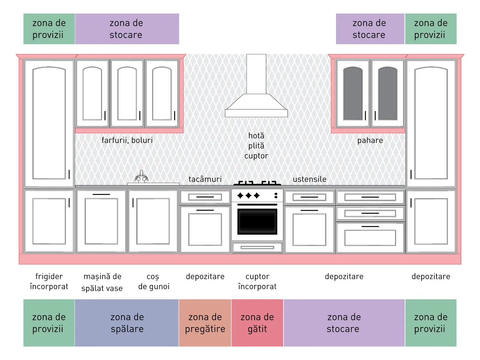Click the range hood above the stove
pyautogui.click(x=256, y=103)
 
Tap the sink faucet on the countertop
pyautogui.click(x=141, y=177)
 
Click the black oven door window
pyautogui.click(x=257, y=221)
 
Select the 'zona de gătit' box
pyautogui.click(x=257, y=322)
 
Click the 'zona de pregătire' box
pyautogui.click(x=205, y=322)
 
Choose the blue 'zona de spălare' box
pyautogui.click(x=127, y=322)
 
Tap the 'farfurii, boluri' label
pyautogui.click(x=127, y=140)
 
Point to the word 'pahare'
pyautogui.click(x=370, y=141)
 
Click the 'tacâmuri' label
pyautogui.click(x=205, y=179)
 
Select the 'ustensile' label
pyautogui.click(x=309, y=179)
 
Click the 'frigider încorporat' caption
pyautogui.click(x=49, y=282)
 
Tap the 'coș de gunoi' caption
pyautogui.click(x=154, y=282)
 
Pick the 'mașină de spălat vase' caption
pyautogui.click(x=102, y=282)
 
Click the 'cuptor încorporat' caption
pyautogui.click(x=257, y=282)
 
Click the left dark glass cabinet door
pyautogui.click(x=353, y=93)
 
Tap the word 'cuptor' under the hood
pyautogui.click(x=256, y=156)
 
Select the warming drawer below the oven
pyautogui.click(x=257, y=247)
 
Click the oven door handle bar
pyautogui.click(x=257, y=205)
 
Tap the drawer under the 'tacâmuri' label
pyautogui.click(x=205, y=197)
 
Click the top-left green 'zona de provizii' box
pyautogui.click(x=49, y=29)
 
